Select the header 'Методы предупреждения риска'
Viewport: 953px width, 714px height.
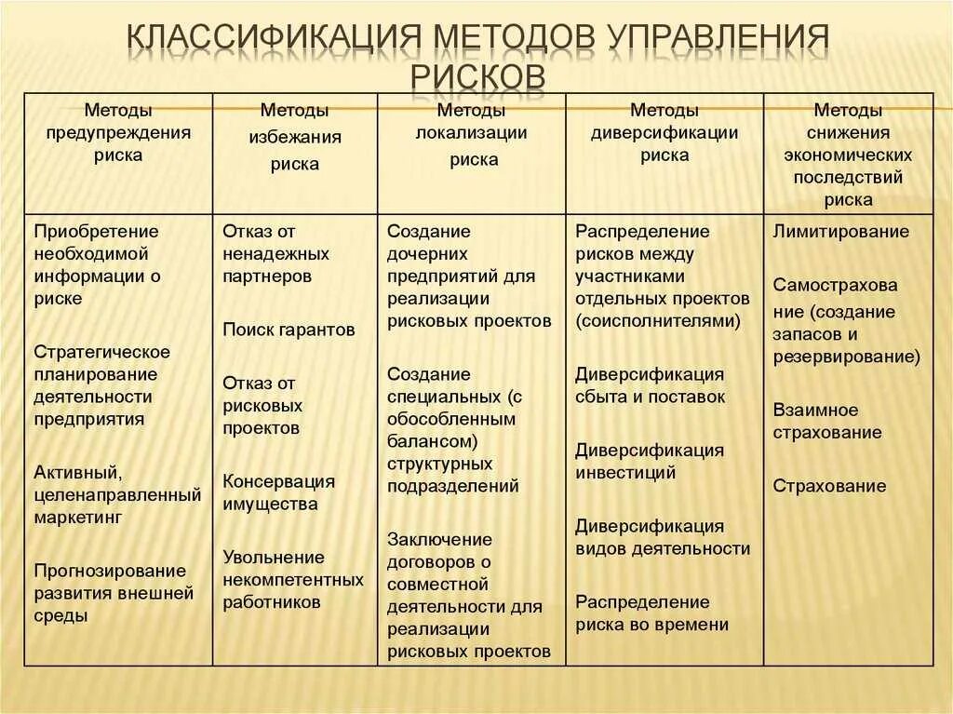click(x=118, y=132)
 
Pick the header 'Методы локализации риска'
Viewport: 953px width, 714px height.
click(x=471, y=133)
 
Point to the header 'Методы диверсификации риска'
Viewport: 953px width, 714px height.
click(x=664, y=132)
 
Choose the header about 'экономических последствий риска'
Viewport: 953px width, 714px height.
click(x=848, y=155)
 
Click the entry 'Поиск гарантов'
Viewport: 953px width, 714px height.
click(x=289, y=330)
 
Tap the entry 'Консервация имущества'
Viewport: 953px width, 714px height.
click(x=278, y=492)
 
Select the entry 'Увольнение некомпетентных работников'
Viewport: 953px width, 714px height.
click(x=292, y=579)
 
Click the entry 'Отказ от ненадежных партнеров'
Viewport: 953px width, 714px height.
click(x=275, y=253)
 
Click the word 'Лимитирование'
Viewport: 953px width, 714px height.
click(x=840, y=232)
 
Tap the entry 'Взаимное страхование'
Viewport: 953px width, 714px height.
click(x=826, y=421)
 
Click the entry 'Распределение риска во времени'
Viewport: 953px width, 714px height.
click(x=651, y=613)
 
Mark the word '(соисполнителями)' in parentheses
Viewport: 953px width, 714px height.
click(x=657, y=321)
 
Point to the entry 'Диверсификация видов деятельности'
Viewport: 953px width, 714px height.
click(x=662, y=537)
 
